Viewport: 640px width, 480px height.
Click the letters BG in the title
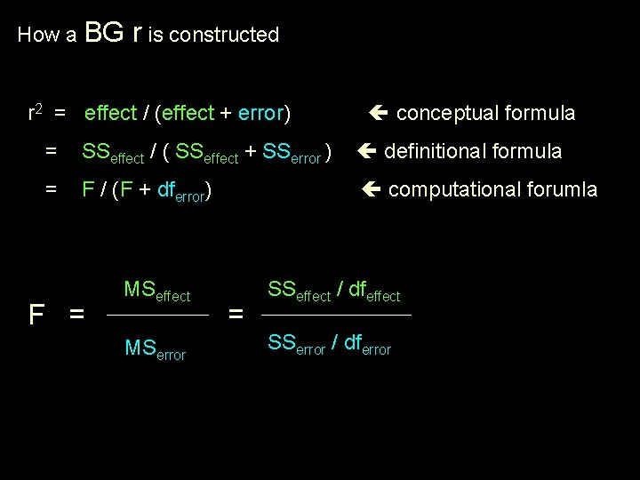[x=103, y=33]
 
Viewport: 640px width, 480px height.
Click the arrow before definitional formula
[x=366, y=151]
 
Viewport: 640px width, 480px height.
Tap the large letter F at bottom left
[x=36, y=315]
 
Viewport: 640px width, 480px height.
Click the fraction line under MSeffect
[x=157, y=315]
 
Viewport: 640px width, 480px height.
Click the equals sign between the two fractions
[x=236, y=314]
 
